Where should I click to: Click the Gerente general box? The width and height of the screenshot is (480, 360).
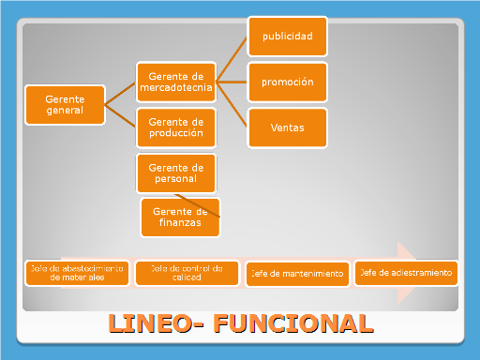[x=65, y=103]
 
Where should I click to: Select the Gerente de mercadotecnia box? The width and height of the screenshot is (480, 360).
[x=175, y=82]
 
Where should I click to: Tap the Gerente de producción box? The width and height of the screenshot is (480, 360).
[x=175, y=127]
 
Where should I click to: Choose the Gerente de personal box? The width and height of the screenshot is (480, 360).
[x=175, y=172]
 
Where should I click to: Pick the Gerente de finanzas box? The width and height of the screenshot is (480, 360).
[x=179, y=217]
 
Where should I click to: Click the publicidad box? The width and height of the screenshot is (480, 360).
[x=288, y=37]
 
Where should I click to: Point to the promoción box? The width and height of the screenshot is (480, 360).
[x=288, y=82]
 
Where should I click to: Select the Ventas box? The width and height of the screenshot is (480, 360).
[x=288, y=127]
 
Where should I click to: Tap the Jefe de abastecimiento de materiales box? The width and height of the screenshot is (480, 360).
[x=78, y=273]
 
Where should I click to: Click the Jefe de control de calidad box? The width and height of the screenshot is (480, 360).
[x=186, y=273]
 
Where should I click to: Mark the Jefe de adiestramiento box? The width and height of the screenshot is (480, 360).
[x=407, y=273]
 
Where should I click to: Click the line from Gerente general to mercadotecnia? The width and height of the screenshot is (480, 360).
[x=120, y=92]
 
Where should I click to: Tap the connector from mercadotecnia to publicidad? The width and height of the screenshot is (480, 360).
[x=232, y=60]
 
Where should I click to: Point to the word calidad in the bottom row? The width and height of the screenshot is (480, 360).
[x=186, y=277]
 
